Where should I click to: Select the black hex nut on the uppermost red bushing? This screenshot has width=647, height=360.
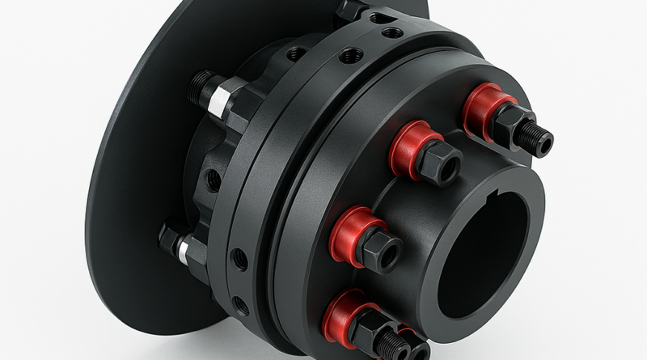point(513,123)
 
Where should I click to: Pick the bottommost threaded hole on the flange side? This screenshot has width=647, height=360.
point(240,305)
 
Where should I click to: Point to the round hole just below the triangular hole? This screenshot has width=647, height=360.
point(392,32)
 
